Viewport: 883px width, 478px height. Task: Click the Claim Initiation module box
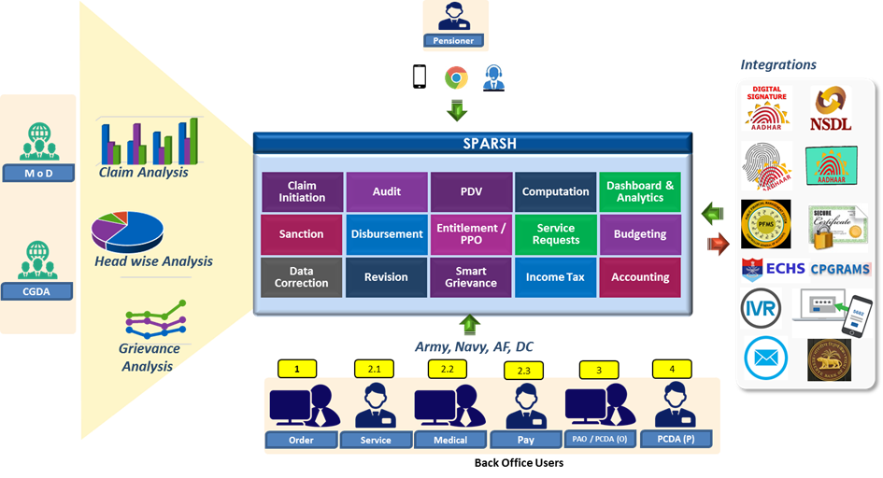pos(302,191)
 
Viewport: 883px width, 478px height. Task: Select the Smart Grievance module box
pos(471,277)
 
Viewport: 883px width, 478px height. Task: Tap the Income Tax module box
pos(555,277)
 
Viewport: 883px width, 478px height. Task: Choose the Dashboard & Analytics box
pos(640,191)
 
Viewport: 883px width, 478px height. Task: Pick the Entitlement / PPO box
pos(471,234)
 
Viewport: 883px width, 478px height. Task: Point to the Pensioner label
pos(455,41)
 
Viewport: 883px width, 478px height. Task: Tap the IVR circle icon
pos(762,308)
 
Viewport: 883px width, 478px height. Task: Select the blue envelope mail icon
pos(766,358)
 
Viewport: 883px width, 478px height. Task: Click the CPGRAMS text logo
pos(840,269)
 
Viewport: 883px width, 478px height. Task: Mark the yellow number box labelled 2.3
pos(523,370)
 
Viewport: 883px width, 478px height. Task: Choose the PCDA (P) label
pos(676,439)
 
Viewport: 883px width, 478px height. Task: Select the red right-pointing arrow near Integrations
pos(718,245)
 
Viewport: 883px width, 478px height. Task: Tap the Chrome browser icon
pos(456,77)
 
